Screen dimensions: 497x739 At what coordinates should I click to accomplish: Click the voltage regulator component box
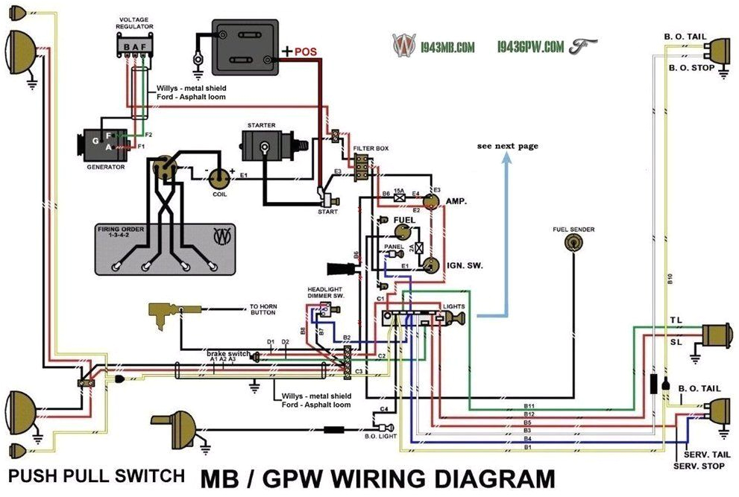pos(135,47)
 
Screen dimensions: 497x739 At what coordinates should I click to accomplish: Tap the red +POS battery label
pos(301,52)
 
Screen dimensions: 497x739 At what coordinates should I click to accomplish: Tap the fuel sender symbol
pos(573,242)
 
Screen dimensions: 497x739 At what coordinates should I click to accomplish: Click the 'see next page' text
pos(507,146)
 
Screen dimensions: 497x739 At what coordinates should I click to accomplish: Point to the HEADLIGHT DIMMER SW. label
pos(326,293)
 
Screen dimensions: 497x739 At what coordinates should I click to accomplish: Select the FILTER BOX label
pos(371,149)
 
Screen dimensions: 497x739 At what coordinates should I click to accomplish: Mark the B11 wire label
pos(529,405)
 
